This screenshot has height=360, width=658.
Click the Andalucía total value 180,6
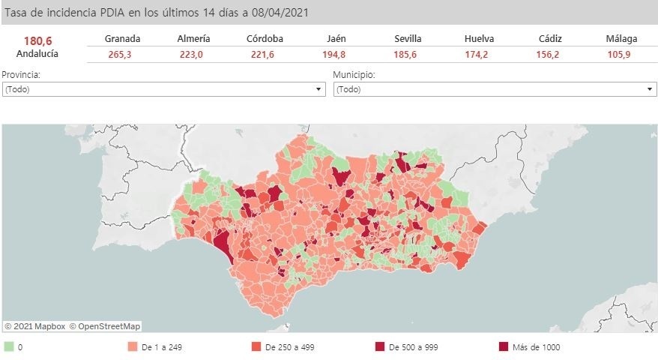[x=37, y=40]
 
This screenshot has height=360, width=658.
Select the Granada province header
[x=123, y=38]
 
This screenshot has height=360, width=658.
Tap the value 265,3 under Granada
[x=123, y=54]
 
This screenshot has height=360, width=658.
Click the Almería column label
[x=193, y=38]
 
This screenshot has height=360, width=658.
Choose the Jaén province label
[x=336, y=38]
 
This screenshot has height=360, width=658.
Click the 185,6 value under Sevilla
[x=408, y=54]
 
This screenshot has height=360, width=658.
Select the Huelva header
[x=479, y=38]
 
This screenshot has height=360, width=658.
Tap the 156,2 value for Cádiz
[x=550, y=54]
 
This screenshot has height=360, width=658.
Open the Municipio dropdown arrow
[x=650, y=89]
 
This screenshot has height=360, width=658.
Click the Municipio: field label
[x=354, y=75]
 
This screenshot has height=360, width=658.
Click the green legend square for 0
[x=9, y=346]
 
